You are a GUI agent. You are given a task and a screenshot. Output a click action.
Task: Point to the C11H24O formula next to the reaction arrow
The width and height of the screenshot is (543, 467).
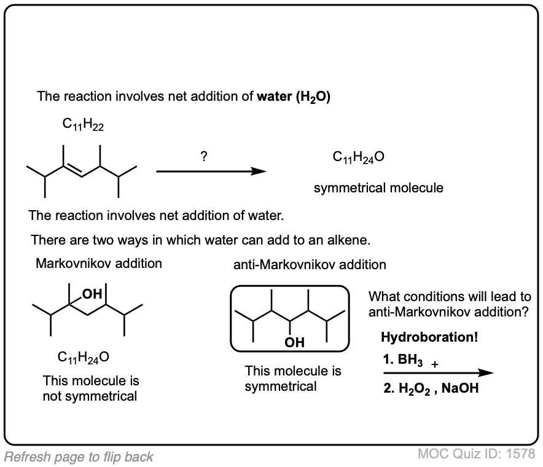pyautogui.click(x=359, y=158)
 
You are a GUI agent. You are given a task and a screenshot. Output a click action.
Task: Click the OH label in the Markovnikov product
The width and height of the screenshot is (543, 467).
pyautogui.click(x=93, y=294)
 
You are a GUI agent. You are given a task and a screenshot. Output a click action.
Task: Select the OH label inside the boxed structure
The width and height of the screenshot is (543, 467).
pyautogui.click(x=294, y=343)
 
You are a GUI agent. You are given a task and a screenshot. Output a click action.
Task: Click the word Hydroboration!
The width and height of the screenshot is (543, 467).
pyautogui.click(x=429, y=337)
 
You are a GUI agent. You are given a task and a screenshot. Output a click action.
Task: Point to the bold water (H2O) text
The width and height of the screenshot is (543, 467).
pyautogui.click(x=294, y=96)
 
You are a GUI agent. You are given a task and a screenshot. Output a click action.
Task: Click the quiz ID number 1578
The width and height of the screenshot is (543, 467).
pyautogui.click(x=522, y=454)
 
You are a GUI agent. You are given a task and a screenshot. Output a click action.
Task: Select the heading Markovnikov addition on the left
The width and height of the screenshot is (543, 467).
pyautogui.click(x=99, y=264)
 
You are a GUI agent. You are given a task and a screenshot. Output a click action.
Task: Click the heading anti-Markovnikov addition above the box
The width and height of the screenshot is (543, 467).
pyautogui.click(x=310, y=265)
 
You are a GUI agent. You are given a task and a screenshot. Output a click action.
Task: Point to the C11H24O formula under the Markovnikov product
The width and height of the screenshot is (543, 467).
pyautogui.click(x=84, y=357)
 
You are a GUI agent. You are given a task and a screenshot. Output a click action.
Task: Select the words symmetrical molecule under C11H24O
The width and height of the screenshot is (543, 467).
pyautogui.click(x=378, y=188)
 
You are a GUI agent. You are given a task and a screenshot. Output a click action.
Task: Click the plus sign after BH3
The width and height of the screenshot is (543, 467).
pyautogui.click(x=435, y=364)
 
